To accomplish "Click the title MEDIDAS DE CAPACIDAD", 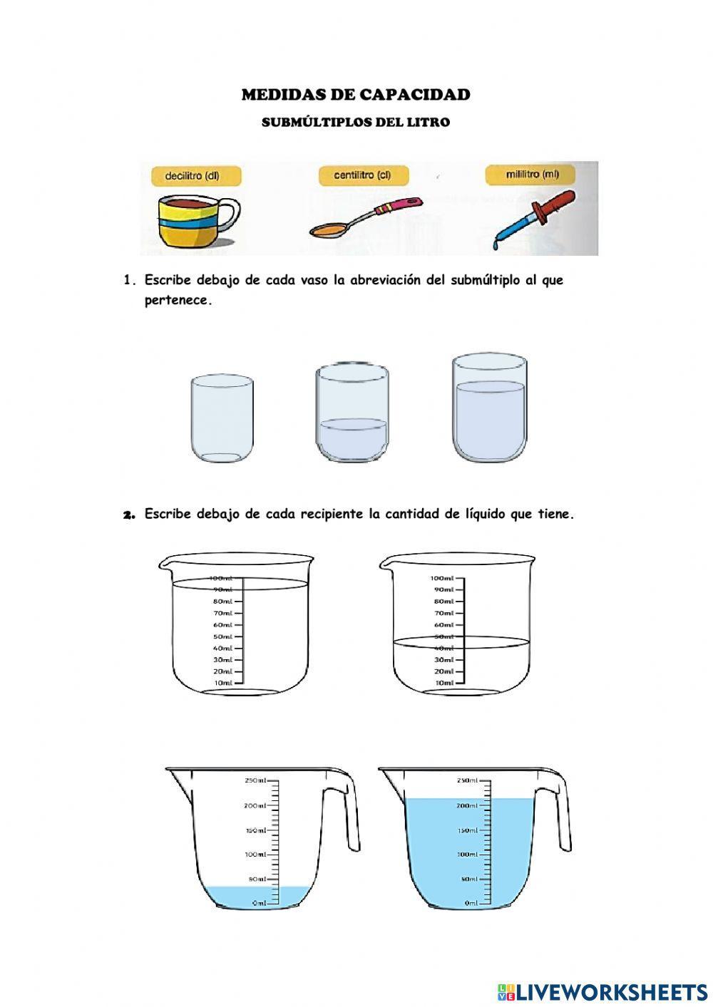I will click(x=356, y=95).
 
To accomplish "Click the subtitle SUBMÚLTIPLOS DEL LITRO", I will click(x=356, y=122).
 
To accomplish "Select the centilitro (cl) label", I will click(x=361, y=175).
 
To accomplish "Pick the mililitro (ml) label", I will click(x=531, y=174).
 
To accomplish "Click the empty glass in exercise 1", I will click(x=222, y=420).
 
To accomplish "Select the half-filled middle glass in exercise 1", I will click(x=352, y=413).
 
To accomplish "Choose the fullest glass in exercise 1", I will click(x=490, y=408).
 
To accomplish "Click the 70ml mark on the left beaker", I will click(x=223, y=613).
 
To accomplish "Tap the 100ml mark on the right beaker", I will click(x=443, y=578).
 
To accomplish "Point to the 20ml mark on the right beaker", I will click(x=443, y=671).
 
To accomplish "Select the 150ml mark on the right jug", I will click(x=468, y=830).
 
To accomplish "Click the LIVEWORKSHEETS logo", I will click(x=602, y=991).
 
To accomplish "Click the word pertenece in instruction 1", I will click(x=178, y=300).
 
